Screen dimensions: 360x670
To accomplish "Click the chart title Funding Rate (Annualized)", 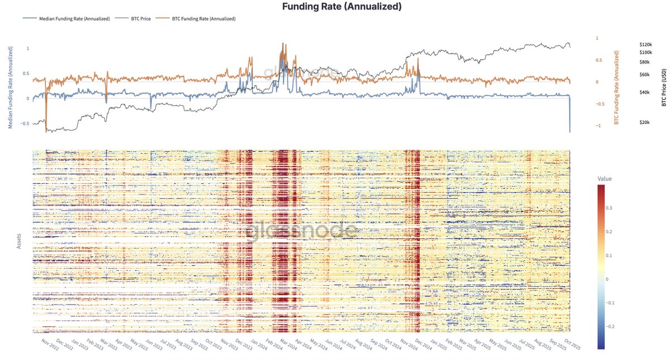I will pos(334,7).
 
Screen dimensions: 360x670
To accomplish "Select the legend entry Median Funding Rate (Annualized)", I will pos(74,18).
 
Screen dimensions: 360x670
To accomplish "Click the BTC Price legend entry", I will pos(140,18).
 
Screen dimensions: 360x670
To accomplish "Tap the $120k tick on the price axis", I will pos(645,44).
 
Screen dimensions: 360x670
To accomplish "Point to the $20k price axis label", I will pos(644,122).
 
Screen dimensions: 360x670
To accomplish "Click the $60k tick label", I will pos(644,75).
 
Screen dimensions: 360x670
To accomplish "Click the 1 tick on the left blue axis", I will pos(28,49).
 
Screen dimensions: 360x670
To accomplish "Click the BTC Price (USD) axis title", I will pos(664,84).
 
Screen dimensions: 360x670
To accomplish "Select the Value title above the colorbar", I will pos(605,179).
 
